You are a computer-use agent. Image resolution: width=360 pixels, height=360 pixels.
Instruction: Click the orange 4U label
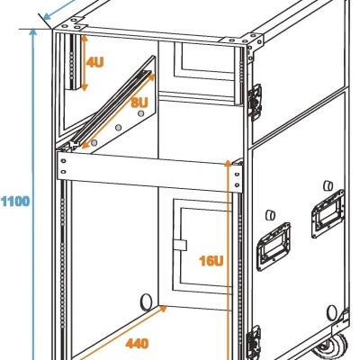tap(94, 62)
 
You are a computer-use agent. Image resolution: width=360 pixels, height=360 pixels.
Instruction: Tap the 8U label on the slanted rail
tap(139, 103)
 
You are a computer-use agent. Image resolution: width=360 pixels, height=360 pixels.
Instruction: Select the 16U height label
tap(211, 261)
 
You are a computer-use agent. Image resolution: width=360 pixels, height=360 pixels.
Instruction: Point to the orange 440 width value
tap(137, 344)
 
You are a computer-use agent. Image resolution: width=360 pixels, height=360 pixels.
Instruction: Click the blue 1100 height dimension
tap(15, 201)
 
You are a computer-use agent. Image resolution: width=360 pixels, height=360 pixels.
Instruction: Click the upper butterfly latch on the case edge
tap(255, 102)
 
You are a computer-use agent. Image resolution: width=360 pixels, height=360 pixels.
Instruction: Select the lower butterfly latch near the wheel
tap(254, 342)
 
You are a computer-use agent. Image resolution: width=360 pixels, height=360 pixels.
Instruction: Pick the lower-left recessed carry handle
tap(274, 247)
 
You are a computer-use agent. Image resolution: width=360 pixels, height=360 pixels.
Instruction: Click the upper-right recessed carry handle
tap(328, 213)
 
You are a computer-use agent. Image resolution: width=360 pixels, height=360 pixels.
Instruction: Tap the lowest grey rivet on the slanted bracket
tap(94, 142)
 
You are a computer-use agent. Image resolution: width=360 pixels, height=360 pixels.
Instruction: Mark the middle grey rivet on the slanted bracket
tap(119, 128)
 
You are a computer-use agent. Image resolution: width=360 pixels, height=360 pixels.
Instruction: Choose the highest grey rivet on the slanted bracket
tap(140, 113)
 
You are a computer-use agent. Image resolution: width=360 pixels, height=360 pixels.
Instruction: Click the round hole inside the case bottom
tap(146, 302)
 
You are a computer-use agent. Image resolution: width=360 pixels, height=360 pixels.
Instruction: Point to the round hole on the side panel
tap(331, 312)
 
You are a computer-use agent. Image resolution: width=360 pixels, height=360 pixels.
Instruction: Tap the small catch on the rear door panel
tap(180, 245)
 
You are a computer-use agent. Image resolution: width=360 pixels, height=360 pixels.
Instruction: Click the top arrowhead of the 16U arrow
tap(229, 163)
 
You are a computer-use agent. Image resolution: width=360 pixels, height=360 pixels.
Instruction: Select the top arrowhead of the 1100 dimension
tap(33, 31)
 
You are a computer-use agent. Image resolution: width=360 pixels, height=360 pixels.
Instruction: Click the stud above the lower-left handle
tap(271, 215)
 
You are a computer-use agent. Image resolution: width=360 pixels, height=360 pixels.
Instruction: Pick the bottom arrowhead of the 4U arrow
tap(85, 87)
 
